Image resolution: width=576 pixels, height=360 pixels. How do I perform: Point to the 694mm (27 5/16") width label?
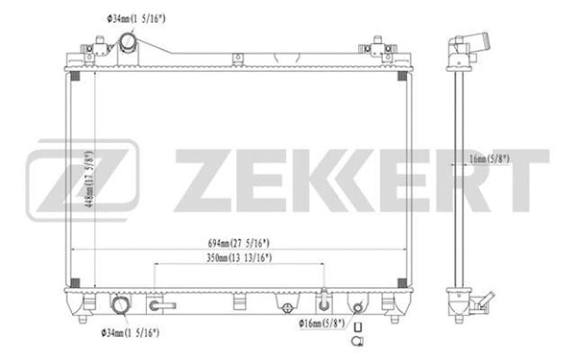tap(230, 242)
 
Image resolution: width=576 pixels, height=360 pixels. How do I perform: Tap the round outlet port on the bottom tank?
tap(120, 308)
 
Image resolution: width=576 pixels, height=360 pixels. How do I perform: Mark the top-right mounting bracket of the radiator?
tap(375, 47)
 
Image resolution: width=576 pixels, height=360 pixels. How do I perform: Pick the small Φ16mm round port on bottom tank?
tap(357, 308)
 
